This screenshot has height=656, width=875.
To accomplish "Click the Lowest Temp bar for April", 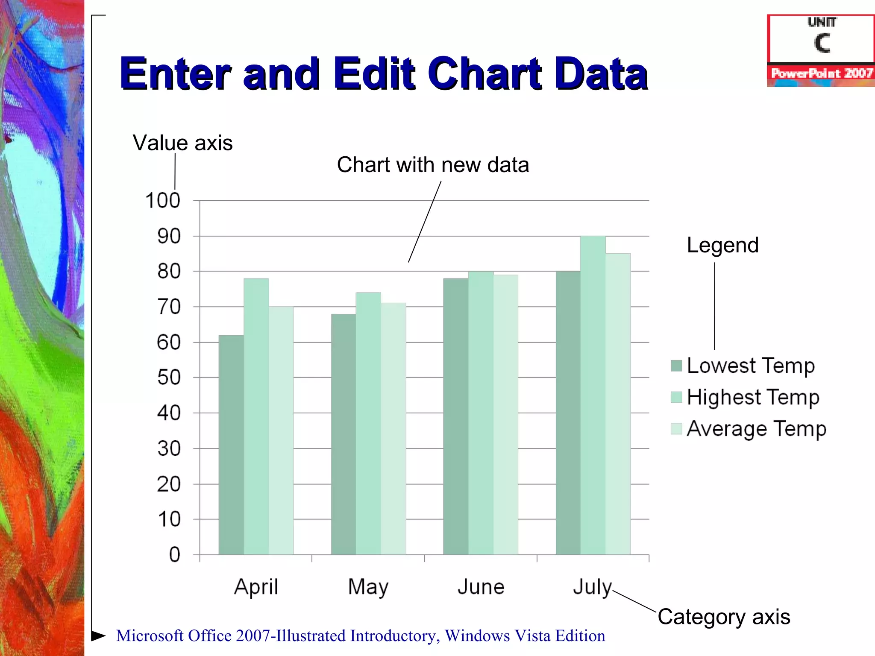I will [231, 444].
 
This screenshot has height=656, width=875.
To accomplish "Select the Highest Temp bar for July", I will [593, 395].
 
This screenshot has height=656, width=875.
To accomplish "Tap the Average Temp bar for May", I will [393, 429].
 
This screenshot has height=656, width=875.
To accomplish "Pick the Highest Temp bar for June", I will [481, 413].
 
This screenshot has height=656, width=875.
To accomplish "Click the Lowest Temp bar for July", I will [568, 413].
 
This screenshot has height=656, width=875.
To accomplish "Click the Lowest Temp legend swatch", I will [676, 366].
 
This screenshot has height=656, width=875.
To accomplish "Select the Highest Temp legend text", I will [753, 397].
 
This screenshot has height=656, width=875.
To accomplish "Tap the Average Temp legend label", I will [757, 429].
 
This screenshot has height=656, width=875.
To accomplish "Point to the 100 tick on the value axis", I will [163, 201].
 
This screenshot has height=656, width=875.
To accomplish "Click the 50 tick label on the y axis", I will [169, 378].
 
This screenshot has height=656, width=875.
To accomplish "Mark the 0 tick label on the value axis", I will [174, 555].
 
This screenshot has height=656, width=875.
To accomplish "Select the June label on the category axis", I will [481, 587].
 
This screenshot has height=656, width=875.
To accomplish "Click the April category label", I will [256, 587].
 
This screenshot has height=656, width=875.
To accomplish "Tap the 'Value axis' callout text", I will [182, 143].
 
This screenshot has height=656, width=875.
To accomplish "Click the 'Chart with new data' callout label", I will [433, 165].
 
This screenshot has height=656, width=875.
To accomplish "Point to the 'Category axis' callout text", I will [724, 617].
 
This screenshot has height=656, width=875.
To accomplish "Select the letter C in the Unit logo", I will [822, 43].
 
